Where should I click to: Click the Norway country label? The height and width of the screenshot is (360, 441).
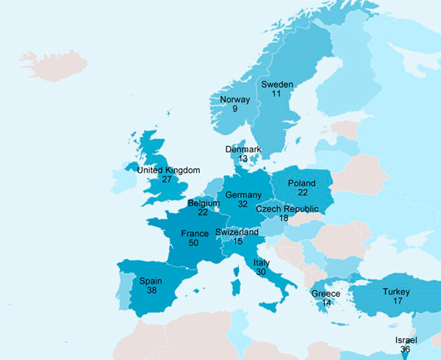click(x=234, y=100)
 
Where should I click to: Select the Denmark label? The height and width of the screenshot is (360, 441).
click(x=243, y=150)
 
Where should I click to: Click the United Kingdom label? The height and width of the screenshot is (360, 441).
click(x=169, y=170)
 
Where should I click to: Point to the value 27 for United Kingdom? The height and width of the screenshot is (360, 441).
click(x=167, y=179)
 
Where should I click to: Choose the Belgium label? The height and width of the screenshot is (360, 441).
click(x=204, y=203)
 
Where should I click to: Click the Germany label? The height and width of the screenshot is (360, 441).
click(x=243, y=195)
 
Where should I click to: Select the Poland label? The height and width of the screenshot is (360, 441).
click(x=302, y=183)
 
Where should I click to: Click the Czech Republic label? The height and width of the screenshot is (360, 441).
click(x=287, y=209)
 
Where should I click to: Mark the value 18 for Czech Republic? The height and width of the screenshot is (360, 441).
click(x=284, y=219)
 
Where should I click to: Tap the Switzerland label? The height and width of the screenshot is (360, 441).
click(x=237, y=232)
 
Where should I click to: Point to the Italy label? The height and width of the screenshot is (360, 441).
click(x=262, y=262)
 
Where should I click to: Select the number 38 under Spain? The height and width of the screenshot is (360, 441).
click(x=151, y=290)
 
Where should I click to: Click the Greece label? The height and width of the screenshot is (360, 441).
click(x=326, y=294)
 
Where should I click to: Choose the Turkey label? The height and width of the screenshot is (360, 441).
click(x=396, y=292)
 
